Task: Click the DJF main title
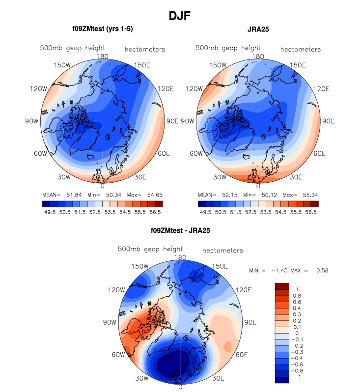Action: click(x=180, y=16)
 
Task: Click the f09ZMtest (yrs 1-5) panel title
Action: click(x=102, y=29)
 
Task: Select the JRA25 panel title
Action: click(x=258, y=29)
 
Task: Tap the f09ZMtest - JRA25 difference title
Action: click(x=180, y=229)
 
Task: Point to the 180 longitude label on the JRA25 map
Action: click(x=258, y=56)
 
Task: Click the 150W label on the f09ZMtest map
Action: click(x=63, y=65)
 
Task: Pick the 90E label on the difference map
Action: click(x=250, y=323)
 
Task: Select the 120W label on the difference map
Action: click(x=116, y=290)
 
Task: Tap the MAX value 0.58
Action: click(x=322, y=271)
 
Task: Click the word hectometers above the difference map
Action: click(x=222, y=251)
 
